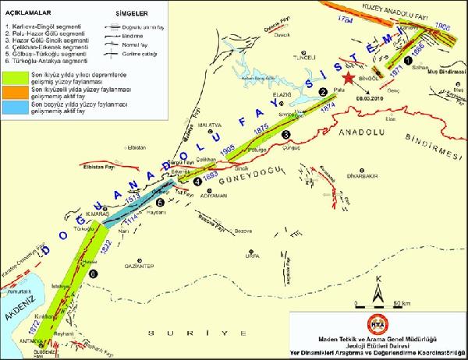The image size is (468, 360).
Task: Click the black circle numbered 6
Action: (x=93, y=274)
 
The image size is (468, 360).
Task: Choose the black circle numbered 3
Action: (x=286, y=134)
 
